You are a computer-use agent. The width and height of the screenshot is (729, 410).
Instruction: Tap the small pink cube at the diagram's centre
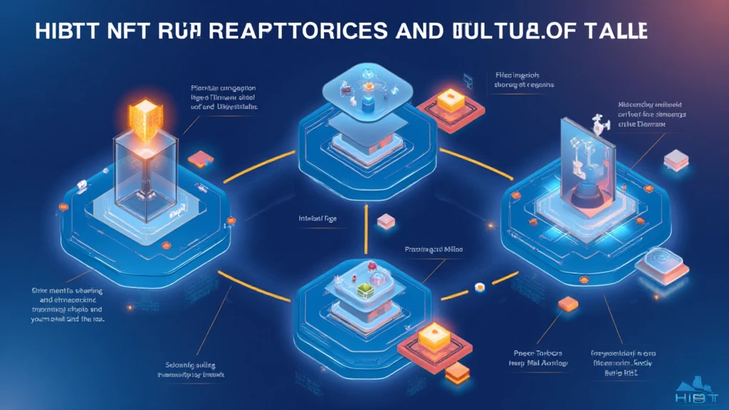[x=385, y=221]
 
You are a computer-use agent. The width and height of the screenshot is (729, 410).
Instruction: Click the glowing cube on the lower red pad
[x=430, y=335]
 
